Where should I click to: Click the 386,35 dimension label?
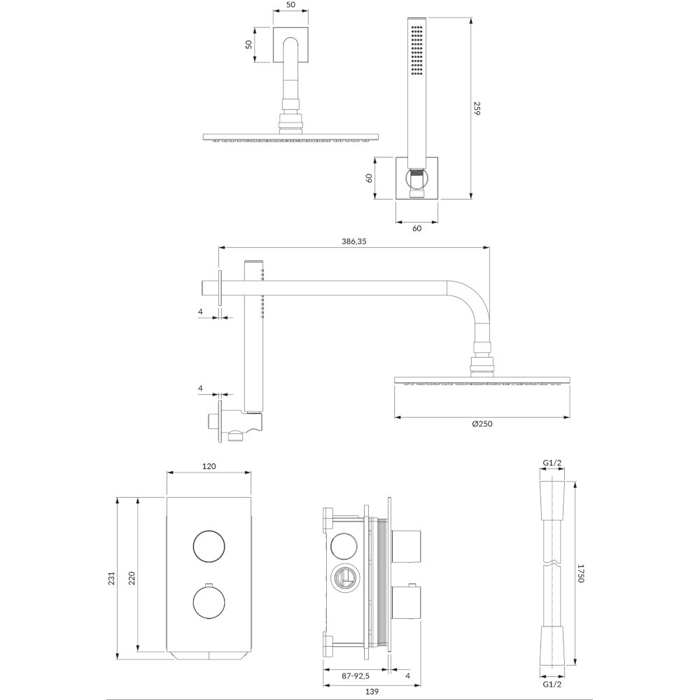(354, 241)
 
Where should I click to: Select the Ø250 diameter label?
(482, 423)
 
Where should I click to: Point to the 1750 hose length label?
(580, 573)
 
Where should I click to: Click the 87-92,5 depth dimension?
(356, 676)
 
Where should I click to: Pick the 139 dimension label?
(372, 692)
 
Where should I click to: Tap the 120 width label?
(209, 466)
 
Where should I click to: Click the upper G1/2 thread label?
(552, 463)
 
